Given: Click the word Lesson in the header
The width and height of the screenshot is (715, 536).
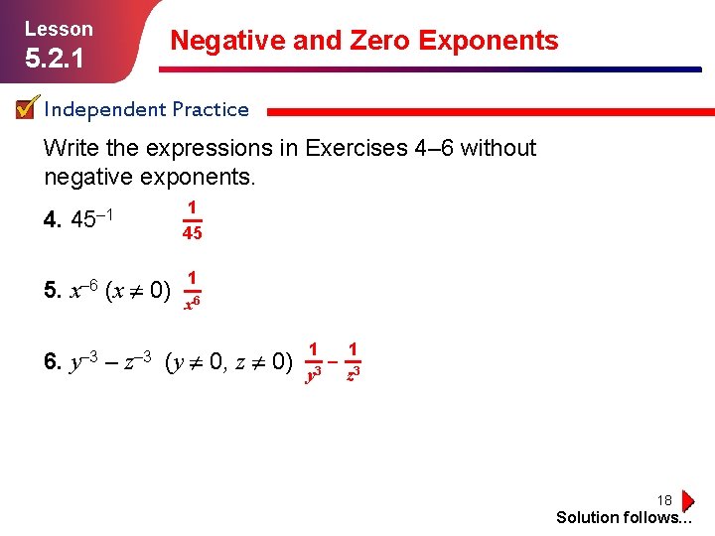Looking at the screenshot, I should [59, 29].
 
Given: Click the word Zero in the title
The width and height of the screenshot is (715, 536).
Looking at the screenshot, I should [374, 41].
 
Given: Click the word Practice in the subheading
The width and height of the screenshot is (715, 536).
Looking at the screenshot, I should [210, 109].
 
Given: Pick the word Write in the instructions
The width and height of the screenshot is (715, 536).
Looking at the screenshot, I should [71, 149].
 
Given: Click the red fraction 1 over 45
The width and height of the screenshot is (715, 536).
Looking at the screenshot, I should [192, 220].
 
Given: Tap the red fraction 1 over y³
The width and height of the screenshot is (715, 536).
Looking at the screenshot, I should [313, 361].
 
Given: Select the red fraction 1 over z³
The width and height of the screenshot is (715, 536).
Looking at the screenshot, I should [353, 361].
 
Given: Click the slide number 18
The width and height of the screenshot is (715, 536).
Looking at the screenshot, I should [664, 500].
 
